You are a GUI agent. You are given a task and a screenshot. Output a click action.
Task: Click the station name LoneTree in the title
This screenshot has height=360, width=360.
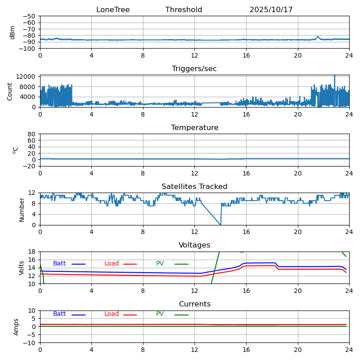coord(113,10)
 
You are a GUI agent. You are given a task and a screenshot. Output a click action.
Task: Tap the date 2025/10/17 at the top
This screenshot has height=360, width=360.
coord(271,10)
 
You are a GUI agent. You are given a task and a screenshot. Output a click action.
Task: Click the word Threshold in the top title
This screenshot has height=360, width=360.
coord(184,10)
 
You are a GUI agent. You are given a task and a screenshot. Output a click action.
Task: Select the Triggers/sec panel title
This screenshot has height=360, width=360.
coord(194,69)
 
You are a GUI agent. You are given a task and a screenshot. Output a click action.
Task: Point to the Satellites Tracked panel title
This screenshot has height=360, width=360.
coord(194,187)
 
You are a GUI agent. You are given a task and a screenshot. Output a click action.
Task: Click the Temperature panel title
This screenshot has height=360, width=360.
coord(194,128)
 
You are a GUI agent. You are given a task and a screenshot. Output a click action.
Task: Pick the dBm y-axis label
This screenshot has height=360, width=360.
coord(13,32)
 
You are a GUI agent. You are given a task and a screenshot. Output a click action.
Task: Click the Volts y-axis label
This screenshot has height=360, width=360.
coord(22,268)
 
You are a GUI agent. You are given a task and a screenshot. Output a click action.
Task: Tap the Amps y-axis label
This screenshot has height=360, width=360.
coord(16,327)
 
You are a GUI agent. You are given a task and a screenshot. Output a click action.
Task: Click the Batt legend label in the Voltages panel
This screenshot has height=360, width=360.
coord(59,264)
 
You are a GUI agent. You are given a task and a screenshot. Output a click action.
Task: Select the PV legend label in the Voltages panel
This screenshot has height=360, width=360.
coord(160,264)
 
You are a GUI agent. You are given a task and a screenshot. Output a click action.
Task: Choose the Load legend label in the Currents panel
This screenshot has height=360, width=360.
coord(112,314)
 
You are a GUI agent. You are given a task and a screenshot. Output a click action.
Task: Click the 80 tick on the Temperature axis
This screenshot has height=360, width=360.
coord(33,134)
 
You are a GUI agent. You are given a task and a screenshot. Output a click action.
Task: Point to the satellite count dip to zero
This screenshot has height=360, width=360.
coord(220,225)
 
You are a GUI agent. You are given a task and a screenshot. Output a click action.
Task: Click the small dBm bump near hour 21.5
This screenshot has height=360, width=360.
coord(318,37)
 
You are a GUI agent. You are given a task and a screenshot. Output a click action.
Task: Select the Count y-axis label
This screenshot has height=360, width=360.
coord(10,91)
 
